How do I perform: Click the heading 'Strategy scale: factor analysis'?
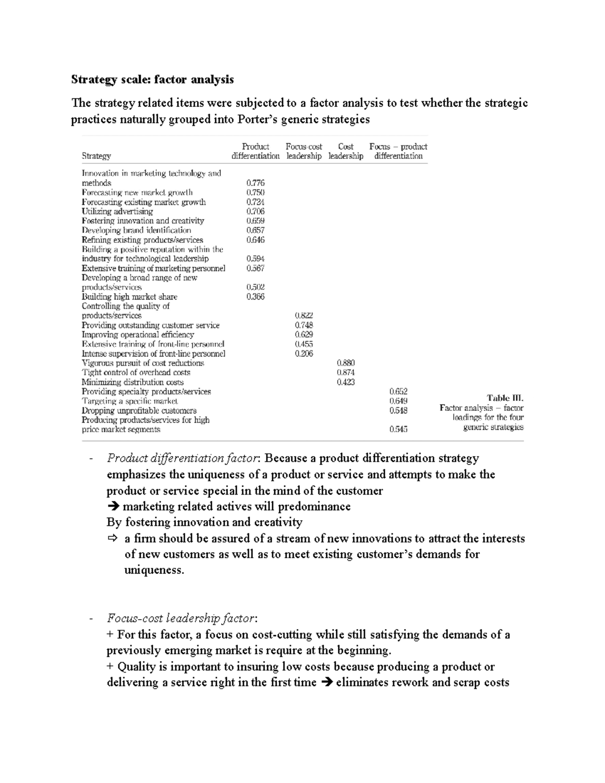152,80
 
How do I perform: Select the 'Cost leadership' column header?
345,151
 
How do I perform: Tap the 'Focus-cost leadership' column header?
304,151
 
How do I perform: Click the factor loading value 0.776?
255,183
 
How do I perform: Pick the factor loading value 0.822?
304,316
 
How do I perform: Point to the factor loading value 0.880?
345,363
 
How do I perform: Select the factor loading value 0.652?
398,391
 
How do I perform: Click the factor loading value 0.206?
304,353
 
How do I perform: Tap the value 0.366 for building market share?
255,297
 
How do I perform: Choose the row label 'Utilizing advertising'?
117,211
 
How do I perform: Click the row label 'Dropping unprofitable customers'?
139,410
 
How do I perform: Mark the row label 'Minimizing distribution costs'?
133,382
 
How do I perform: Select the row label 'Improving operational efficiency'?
138,335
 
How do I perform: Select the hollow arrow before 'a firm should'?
112,538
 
